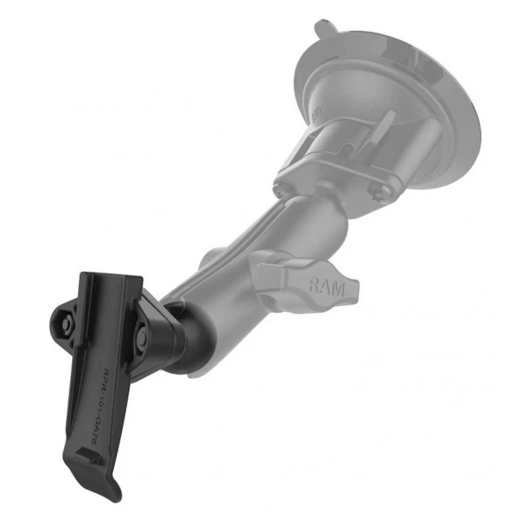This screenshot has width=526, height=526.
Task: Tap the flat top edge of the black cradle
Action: point(110,278)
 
